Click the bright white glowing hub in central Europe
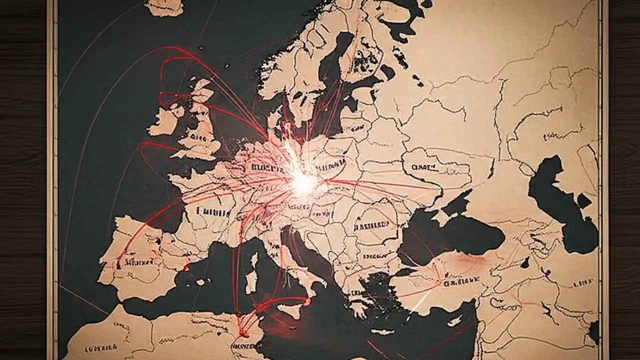pyautogui.click(x=303, y=184)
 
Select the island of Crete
pyautogui.click(x=382, y=331)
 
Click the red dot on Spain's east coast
pyautogui.click(x=186, y=268)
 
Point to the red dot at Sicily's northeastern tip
pyautogui.click(x=306, y=300)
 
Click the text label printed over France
pyautogui.click(x=212, y=211)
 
